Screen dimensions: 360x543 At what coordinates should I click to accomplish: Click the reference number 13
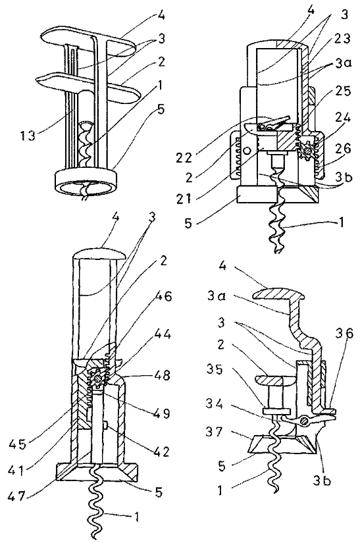coord(27,135)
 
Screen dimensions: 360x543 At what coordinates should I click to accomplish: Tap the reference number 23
coord(342,38)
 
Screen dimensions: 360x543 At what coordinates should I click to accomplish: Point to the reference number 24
coord(342,117)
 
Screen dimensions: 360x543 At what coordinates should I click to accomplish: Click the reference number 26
coord(342,148)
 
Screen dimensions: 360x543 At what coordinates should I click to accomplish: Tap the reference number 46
coord(163,297)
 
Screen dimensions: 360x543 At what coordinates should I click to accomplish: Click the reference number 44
coord(162,334)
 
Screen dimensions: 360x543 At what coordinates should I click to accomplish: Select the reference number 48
coord(161,375)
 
